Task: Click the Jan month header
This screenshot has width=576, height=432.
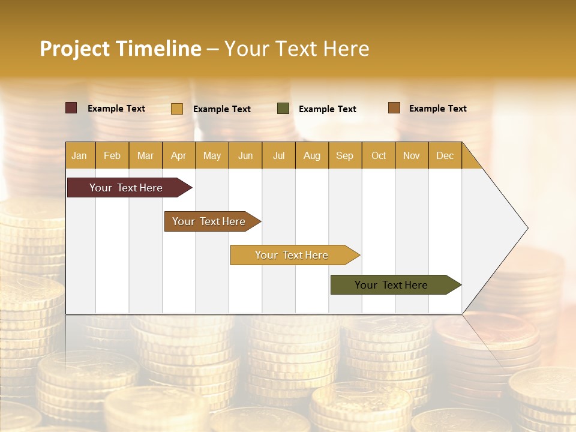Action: [79, 155]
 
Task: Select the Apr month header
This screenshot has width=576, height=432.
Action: [178, 155]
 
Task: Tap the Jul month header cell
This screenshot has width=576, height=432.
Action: [278, 155]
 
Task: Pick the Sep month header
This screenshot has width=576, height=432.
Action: [344, 155]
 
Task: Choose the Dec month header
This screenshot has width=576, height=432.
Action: [445, 155]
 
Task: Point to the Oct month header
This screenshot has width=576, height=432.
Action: [379, 155]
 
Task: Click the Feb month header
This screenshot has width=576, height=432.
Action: [112, 155]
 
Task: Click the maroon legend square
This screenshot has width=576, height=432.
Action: [71, 108]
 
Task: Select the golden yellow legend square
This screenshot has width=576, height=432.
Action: [177, 109]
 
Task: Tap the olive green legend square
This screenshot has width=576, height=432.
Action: [283, 109]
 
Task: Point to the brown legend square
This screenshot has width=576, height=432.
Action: [394, 108]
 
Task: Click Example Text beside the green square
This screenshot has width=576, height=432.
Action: [327, 109]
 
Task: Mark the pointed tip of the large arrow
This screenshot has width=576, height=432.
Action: [526, 228]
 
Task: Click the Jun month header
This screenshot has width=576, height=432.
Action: [245, 155]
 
